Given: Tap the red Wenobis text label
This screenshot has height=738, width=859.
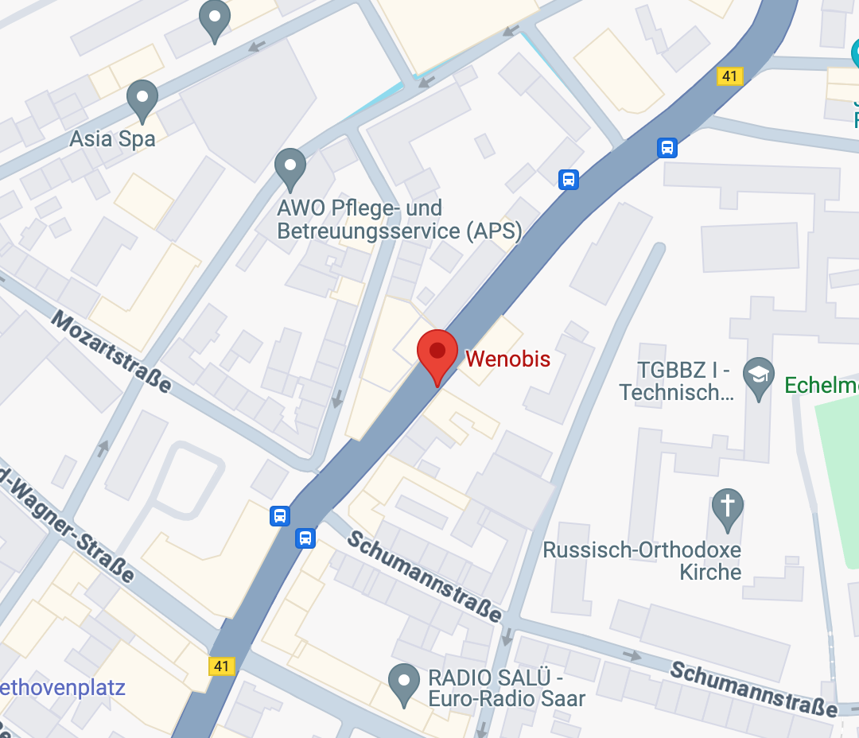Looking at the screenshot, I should [507, 359].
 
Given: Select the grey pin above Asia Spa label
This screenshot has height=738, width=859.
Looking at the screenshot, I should [142, 99].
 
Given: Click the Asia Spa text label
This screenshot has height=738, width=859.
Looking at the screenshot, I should [112, 138].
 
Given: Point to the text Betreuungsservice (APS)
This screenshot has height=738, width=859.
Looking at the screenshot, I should [399, 231].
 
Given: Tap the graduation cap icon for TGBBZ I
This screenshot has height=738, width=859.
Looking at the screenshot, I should [758, 373].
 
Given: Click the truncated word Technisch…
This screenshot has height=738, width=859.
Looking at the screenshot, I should [676, 392].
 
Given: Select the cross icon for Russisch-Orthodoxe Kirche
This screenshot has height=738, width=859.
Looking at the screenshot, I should [727, 507].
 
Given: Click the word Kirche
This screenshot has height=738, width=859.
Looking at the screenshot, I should [710, 572].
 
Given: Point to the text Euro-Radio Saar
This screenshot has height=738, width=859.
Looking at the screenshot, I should [507, 699].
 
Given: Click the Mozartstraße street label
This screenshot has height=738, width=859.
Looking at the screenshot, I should [111, 352].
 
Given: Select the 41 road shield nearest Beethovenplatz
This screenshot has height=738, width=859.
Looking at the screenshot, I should [223, 666].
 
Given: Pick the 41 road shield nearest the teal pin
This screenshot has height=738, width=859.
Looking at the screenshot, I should [729, 76].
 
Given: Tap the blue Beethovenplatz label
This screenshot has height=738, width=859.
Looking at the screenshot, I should [64, 687].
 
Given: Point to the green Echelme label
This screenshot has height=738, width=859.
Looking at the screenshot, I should [821, 386].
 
